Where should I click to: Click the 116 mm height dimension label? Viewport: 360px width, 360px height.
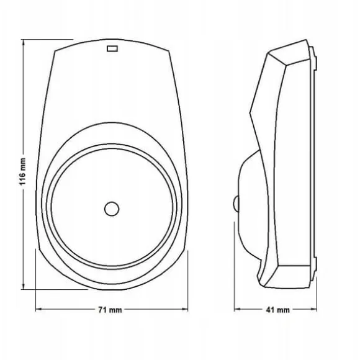pyautogui.click(x=22, y=171)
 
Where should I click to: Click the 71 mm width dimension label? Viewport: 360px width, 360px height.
pyautogui.click(x=110, y=310)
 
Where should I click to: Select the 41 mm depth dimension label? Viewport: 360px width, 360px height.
pyautogui.click(x=278, y=310)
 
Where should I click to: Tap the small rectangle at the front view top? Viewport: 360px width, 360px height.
pyautogui.click(x=112, y=48)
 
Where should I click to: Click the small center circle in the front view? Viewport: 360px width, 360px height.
pyautogui.click(x=112, y=209)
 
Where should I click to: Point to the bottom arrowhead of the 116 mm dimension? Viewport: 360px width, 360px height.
pyautogui.click(x=23, y=286)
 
